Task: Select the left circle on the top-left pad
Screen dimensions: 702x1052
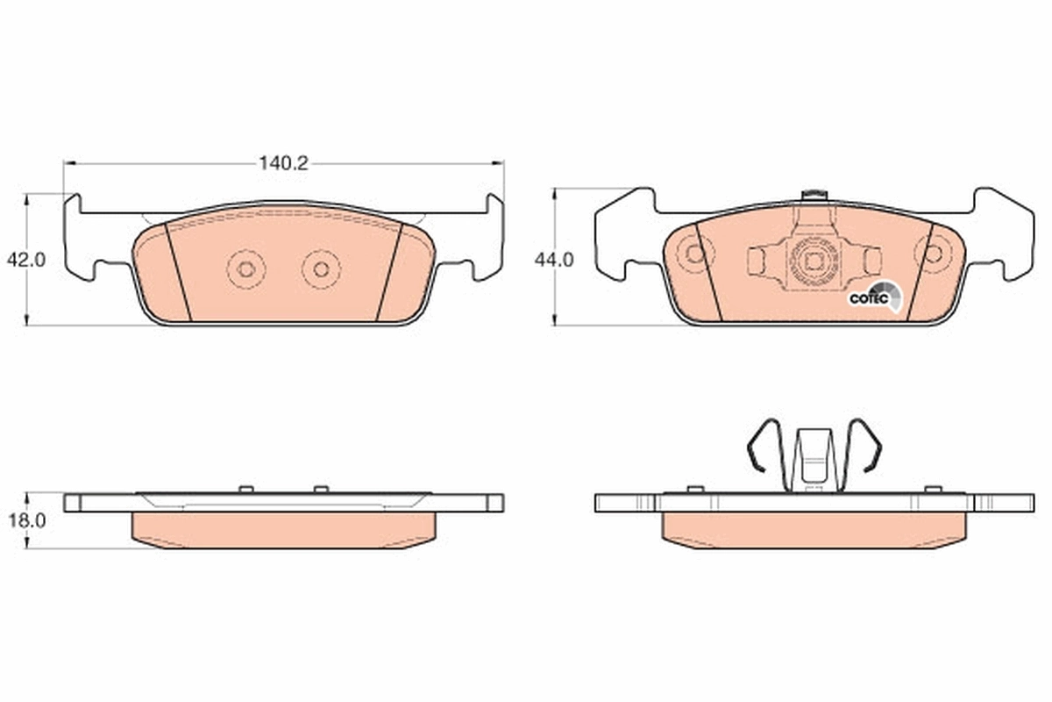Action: click(x=246, y=269)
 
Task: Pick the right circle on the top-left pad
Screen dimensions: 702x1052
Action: click(x=322, y=269)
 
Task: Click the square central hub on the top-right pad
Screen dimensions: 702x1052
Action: click(x=813, y=261)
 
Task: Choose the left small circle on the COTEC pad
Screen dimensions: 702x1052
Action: click(x=695, y=254)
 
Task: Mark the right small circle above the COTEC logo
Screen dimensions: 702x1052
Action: click(x=934, y=254)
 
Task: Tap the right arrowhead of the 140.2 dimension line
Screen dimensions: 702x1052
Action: click(x=499, y=163)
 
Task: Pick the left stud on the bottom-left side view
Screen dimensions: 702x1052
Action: click(x=245, y=489)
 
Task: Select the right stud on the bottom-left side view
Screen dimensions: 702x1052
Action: click(x=321, y=489)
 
